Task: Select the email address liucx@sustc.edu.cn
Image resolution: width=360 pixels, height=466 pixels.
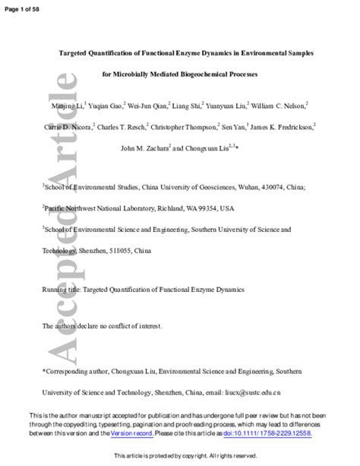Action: pos(251,393)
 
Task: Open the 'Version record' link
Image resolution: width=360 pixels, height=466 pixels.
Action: pos(131,433)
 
